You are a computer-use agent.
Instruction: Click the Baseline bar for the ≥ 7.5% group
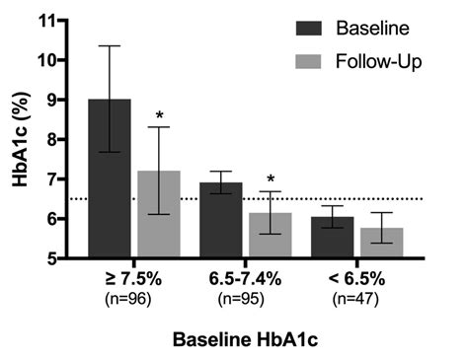[110, 179]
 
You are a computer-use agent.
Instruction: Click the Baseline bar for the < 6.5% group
[331, 238]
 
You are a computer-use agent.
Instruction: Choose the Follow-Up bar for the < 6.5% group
[380, 243]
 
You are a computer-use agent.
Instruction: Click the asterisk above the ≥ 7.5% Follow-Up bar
[158, 116]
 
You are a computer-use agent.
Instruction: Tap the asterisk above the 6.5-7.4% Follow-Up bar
[270, 180]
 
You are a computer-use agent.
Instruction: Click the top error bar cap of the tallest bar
[110, 45]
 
